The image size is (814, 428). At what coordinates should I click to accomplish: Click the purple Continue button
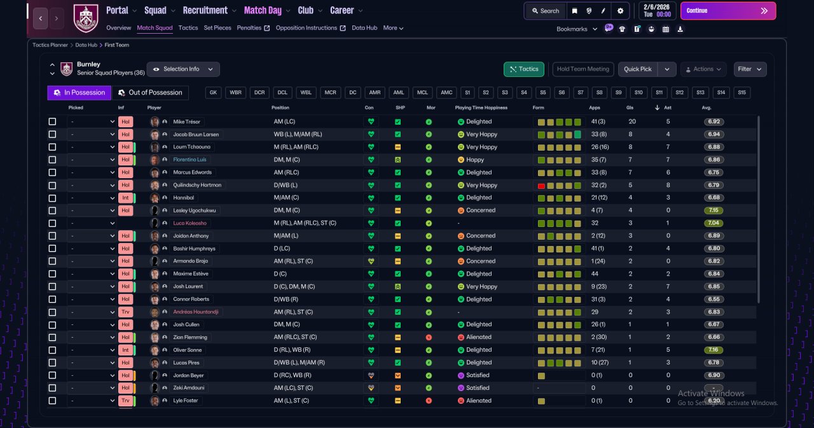pyautogui.click(x=728, y=11)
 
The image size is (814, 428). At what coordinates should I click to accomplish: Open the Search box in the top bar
pyautogui.click(x=546, y=11)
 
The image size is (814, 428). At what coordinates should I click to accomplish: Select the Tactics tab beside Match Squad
pyautogui.click(x=188, y=28)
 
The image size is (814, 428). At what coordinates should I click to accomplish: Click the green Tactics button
pyautogui.click(x=523, y=69)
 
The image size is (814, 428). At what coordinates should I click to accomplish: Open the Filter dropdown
pyautogui.click(x=750, y=69)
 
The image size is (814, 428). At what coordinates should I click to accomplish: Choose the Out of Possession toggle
pyautogui.click(x=151, y=93)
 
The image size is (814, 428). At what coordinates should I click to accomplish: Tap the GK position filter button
pyautogui.click(x=213, y=93)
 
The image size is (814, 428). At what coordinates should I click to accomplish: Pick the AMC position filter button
pyautogui.click(x=446, y=93)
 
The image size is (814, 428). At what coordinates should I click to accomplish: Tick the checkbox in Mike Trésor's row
pyautogui.click(x=52, y=121)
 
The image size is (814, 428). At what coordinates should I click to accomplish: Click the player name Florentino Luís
pyautogui.click(x=190, y=160)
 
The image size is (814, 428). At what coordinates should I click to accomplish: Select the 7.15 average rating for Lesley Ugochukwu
pyautogui.click(x=714, y=211)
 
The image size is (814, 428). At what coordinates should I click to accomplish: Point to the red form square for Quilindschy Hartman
pyautogui.click(x=541, y=186)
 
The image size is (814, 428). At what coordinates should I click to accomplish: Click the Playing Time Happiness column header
pyautogui.click(x=481, y=107)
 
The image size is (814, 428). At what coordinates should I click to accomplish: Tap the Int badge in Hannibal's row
pyautogui.click(x=125, y=198)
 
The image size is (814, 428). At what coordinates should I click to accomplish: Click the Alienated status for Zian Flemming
pyautogui.click(x=479, y=337)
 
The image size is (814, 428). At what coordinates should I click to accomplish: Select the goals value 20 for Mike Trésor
pyautogui.click(x=632, y=121)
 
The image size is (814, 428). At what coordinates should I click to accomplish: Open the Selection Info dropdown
pyautogui.click(x=183, y=69)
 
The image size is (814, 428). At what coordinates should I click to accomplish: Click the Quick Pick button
pyautogui.click(x=637, y=69)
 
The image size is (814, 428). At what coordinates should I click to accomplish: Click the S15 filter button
pyautogui.click(x=742, y=93)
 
